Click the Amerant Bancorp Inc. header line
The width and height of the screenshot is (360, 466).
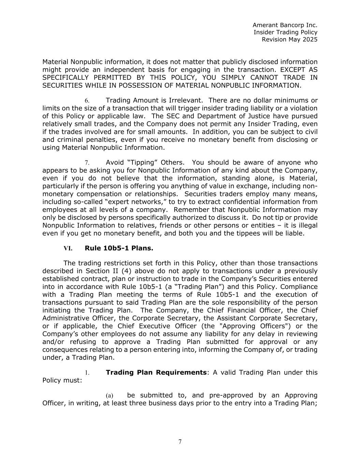285,25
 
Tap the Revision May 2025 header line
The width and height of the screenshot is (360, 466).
289,39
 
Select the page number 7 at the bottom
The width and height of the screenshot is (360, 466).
180,442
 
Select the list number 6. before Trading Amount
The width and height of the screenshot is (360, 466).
87,101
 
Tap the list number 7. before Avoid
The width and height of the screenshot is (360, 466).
87,163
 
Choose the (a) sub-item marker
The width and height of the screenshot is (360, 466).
109,395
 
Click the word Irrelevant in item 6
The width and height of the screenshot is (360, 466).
187,100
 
